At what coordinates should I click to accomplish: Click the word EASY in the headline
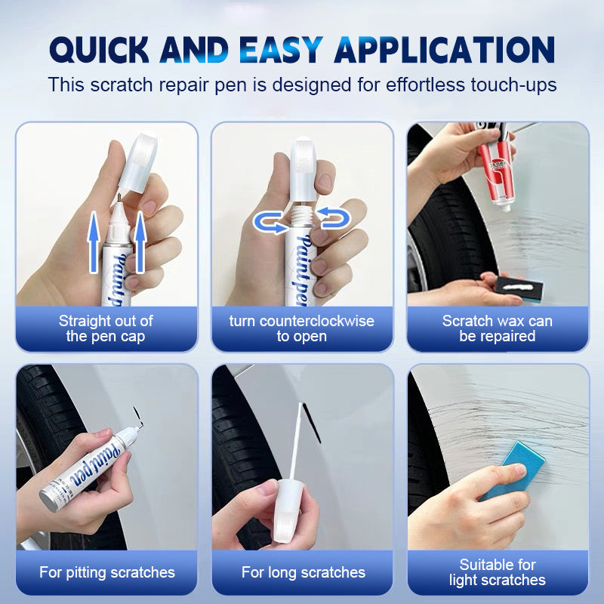tap(281, 50)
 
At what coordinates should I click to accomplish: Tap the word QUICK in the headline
tap(99, 51)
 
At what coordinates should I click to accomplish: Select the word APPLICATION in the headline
tap(445, 50)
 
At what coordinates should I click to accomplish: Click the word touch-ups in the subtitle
tap(514, 85)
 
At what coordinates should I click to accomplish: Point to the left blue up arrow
tap(94, 242)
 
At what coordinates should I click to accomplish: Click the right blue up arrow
tap(140, 242)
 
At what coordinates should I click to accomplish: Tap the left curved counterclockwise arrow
tap(270, 223)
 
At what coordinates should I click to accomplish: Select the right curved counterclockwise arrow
tap(334, 218)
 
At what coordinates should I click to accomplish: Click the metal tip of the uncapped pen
tap(119, 198)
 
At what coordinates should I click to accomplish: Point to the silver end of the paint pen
tap(49, 499)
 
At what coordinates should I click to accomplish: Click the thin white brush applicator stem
tap(296, 441)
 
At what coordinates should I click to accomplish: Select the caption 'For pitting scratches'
tap(107, 572)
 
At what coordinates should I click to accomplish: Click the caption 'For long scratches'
tap(304, 572)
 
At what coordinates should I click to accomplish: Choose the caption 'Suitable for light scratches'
tap(498, 572)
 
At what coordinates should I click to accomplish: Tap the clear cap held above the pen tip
tap(138, 162)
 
